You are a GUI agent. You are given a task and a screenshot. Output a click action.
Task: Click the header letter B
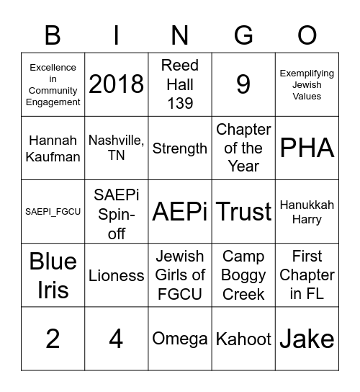click(53, 35)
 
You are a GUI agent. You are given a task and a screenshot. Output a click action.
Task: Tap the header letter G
click(243, 35)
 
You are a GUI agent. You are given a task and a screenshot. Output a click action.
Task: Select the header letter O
click(307, 35)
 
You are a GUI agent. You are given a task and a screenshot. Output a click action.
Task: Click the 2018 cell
click(116, 84)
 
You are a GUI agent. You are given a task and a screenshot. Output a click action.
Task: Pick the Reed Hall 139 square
click(180, 84)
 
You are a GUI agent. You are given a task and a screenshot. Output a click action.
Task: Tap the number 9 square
click(243, 84)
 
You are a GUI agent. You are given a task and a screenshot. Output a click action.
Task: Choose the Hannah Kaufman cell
click(53, 148)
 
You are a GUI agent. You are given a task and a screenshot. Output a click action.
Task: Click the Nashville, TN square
click(116, 148)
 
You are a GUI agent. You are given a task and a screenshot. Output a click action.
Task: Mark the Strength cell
click(180, 148)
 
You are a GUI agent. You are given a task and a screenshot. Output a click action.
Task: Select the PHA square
click(307, 148)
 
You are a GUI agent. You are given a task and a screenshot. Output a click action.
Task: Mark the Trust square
click(243, 211)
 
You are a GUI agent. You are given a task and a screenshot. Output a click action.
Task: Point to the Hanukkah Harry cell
click(307, 211)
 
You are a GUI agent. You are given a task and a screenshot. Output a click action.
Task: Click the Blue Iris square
click(53, 275)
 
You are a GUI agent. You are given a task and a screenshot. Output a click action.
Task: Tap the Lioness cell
click(116, 275)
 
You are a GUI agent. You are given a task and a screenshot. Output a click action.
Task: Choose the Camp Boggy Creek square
click(243, 275)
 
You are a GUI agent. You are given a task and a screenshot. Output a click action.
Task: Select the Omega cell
click(180, 339)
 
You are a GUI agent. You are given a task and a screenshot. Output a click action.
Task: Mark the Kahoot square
click(243, 339)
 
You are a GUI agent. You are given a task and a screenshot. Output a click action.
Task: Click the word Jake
click(307, 339)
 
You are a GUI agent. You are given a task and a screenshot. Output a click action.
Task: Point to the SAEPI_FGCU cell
click(53, 211)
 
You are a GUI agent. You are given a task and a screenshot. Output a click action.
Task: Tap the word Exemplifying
click(307, 73)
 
